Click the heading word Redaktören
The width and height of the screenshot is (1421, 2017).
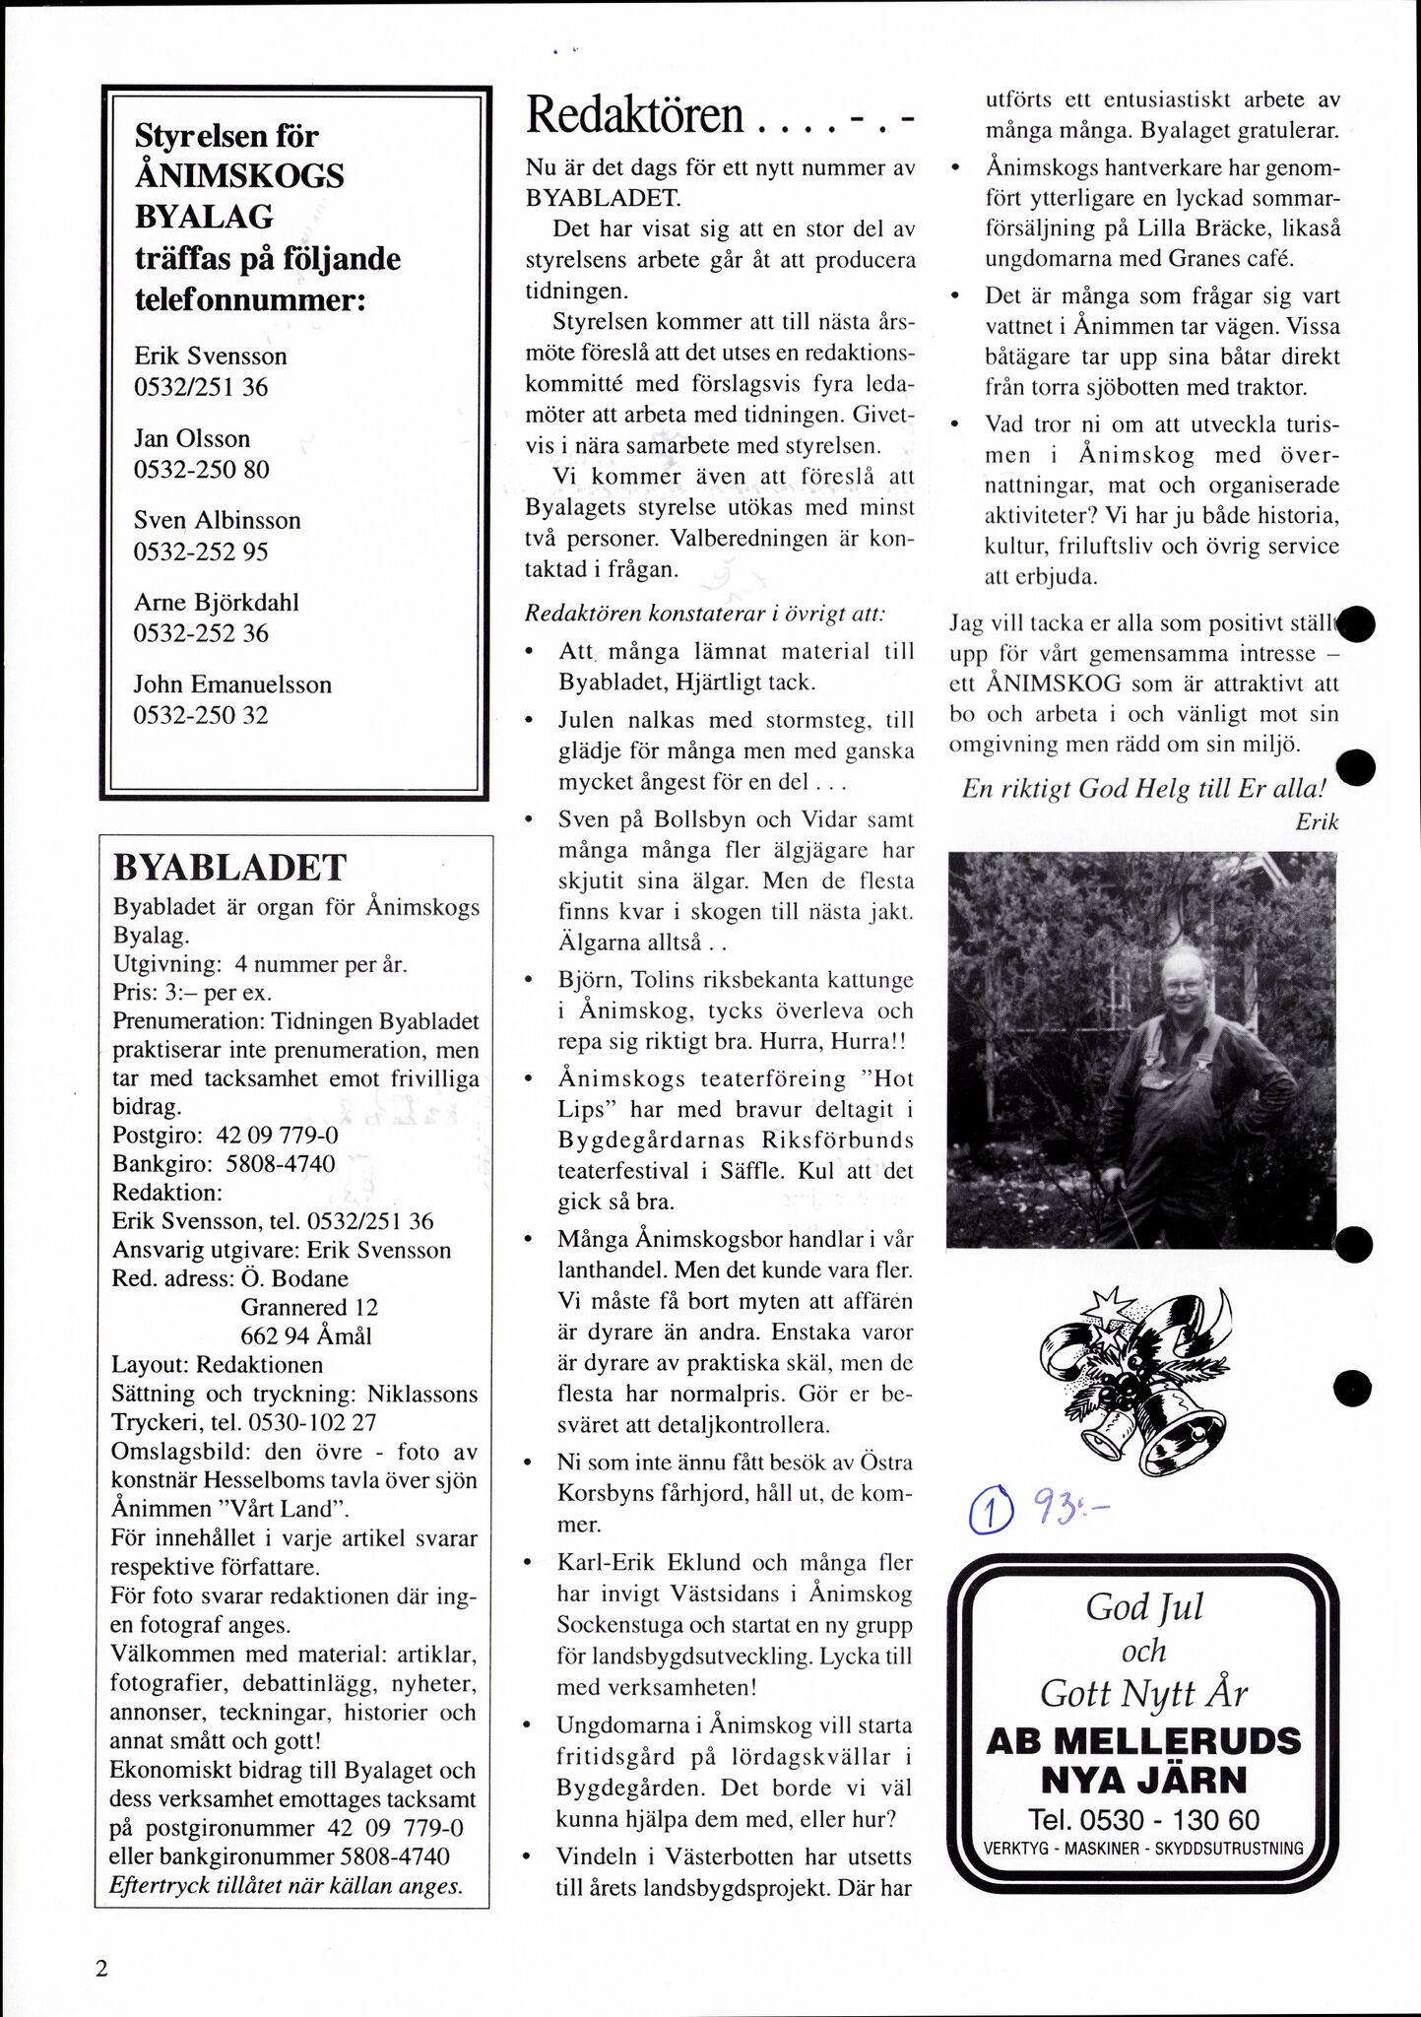635,116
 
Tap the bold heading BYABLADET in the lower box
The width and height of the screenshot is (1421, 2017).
230,868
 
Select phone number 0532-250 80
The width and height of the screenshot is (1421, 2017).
201,469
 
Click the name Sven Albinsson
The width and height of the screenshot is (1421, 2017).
217,520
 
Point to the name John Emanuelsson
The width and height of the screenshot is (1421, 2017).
232,683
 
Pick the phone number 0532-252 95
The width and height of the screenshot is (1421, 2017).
201,551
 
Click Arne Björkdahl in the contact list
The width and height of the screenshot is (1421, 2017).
216,602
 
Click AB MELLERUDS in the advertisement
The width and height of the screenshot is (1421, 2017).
1142,1740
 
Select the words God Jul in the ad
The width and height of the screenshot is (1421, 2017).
1144,1608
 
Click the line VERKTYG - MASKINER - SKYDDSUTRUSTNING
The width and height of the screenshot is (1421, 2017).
1143,1849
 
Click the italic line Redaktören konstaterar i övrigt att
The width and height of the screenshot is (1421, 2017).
704,612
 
